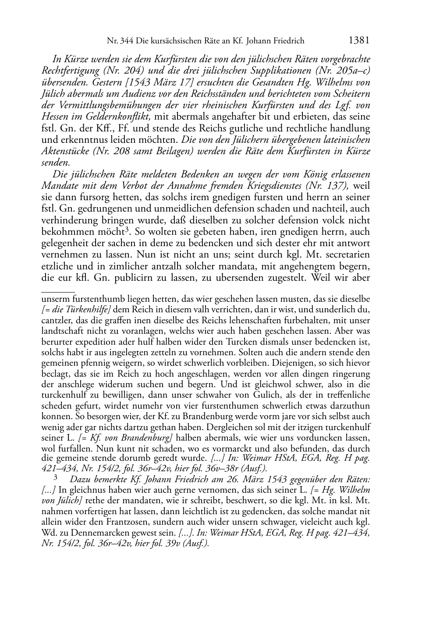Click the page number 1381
pos(359,41)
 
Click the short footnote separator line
pos(58,291)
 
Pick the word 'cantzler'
pos(55,321)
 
